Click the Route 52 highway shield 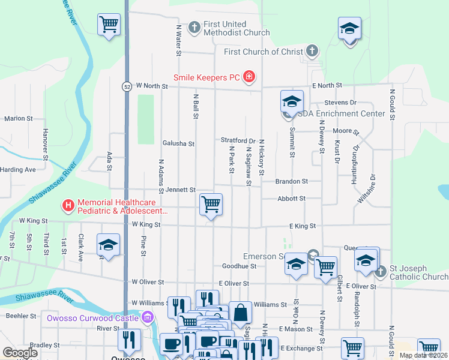127,86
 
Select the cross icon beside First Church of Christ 312,52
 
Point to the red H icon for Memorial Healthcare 68,206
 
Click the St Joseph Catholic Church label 418,272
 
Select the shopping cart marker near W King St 211,205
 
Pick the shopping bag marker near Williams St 240,313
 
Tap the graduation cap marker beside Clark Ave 108,245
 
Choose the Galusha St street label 178,143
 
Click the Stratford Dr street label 238,140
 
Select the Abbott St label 291,198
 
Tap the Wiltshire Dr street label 366,190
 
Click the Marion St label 18,119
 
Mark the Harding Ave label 18,170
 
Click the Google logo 20,353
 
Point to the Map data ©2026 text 423,355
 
